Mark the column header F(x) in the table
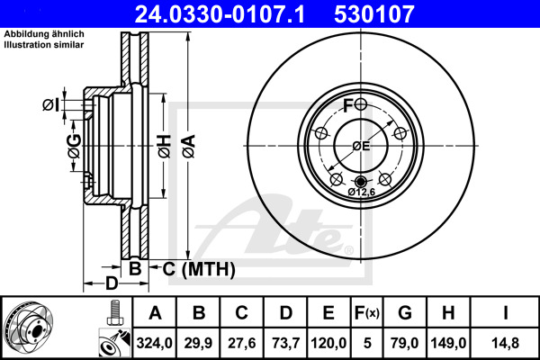pos(366,313)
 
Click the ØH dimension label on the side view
pos(163,144)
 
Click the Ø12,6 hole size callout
pos(361,192)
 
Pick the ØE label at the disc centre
pos(361,146)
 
